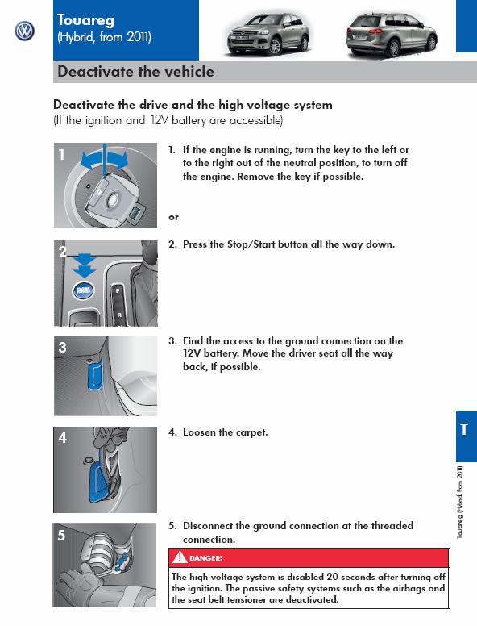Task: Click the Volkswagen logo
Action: point(25,31)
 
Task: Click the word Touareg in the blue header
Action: point(85,20)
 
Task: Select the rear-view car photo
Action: point(392,35)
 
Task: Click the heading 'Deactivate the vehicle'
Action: point(135,72)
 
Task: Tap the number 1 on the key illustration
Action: point(61,155)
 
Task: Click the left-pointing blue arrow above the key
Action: point(91,161)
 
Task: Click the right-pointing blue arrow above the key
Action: point(118,160)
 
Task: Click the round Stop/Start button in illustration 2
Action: point(83,290)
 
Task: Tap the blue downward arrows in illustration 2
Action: point(85,265)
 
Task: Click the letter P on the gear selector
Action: point(118,291)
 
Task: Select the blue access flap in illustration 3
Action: point(95,374)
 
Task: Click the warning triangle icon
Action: point(180,557)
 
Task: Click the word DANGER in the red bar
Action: point(205,558)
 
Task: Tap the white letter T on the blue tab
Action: point(464,430)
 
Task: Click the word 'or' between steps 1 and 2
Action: point(173,217)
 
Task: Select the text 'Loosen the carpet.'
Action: point(226,432)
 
